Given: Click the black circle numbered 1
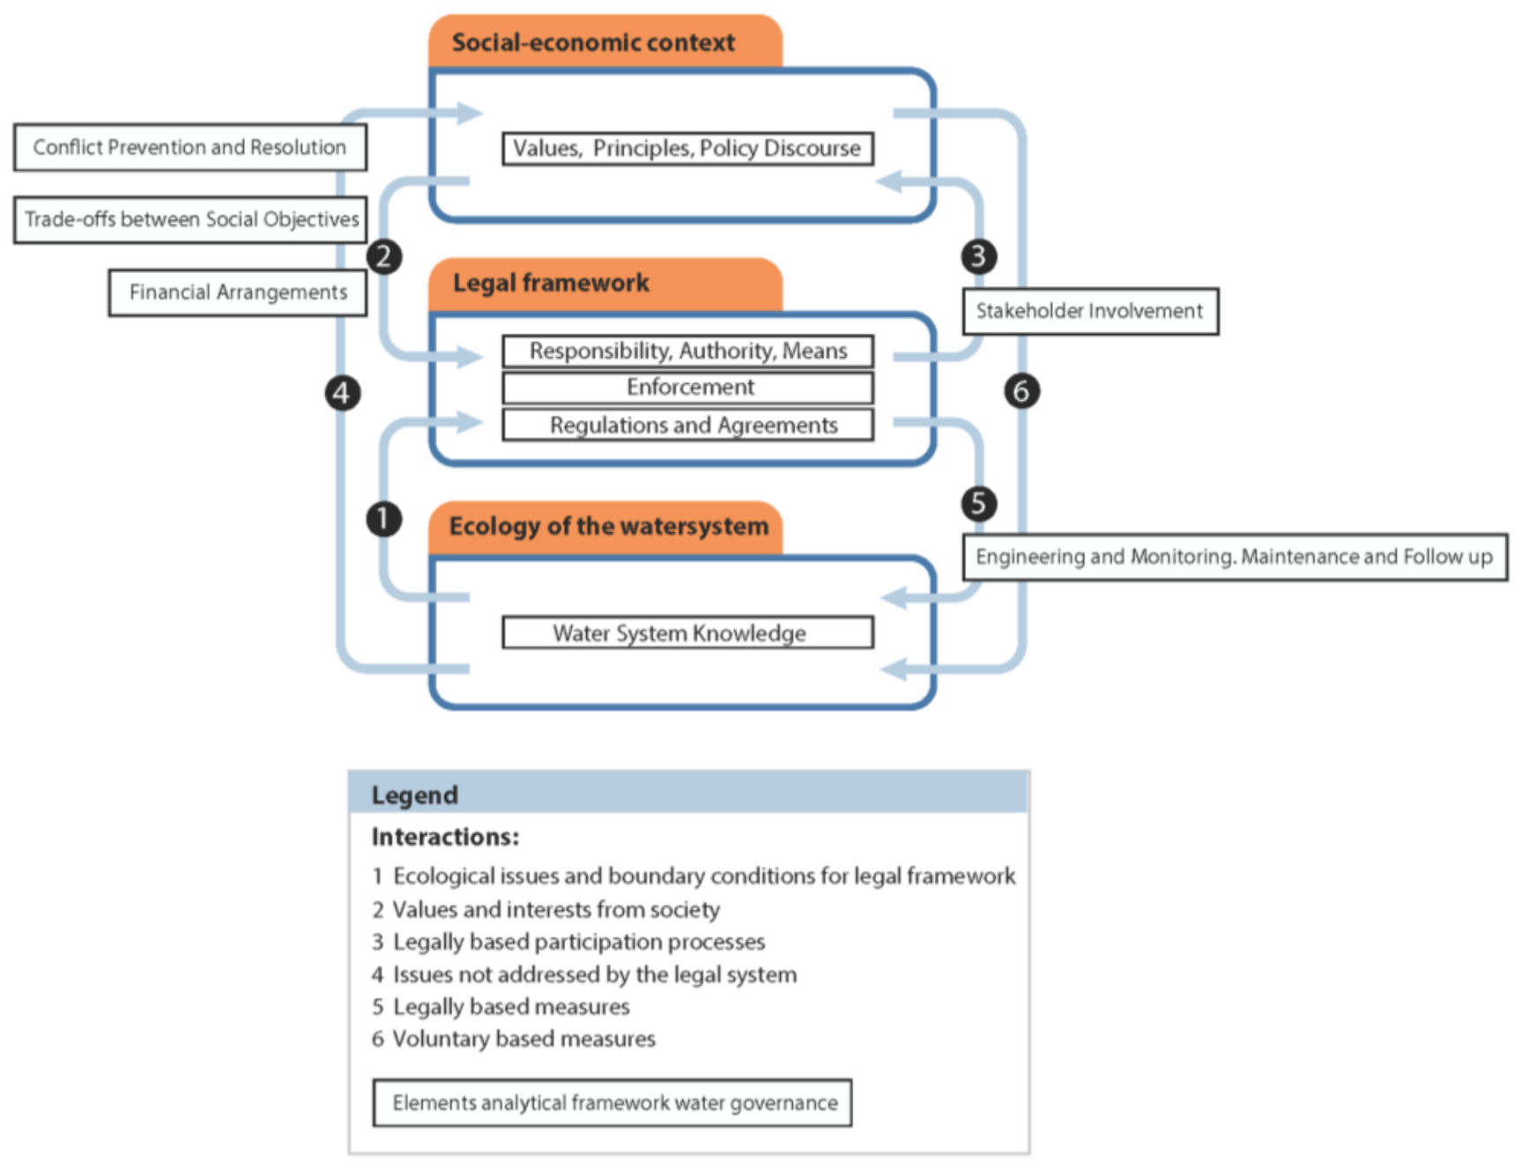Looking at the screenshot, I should point(384,518).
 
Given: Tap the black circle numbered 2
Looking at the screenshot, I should point(384,256).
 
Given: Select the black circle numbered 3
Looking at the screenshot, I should point(978,256).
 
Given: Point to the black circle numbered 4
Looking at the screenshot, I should point(342,392).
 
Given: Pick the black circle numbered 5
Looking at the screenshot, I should point(978,503).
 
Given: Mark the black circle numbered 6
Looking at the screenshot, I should point(1021,390).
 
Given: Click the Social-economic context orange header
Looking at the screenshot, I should point(605,41).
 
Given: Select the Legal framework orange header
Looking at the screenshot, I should point(605,283).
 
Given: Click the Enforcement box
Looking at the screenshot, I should point(688,387).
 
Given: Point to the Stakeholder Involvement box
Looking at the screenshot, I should point(1090,311).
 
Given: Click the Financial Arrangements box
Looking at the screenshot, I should point(238,292).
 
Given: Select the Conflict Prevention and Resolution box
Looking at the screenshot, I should point(189,147).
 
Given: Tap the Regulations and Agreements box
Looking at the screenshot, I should point(688,425).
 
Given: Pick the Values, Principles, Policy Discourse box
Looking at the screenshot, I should point(688,148).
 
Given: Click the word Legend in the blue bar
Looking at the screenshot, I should point(414,795).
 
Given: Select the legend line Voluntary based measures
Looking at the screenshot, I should point(523,1039).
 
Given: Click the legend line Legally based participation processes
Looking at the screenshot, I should point(578,942).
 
